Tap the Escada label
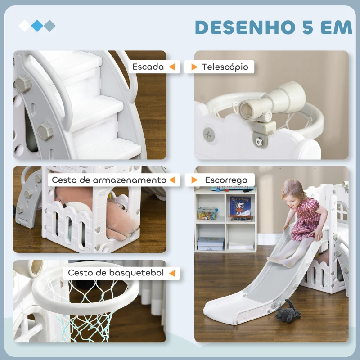click(148, 67)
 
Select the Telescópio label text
click(225, 67)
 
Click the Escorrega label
click(226, 180)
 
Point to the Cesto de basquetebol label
click(116, 273)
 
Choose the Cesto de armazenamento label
click(109, 180)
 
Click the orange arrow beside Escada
click(171, 67)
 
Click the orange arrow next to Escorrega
click(194, 180)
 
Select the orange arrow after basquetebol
click(171, 273)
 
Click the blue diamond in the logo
click(37, 26)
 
